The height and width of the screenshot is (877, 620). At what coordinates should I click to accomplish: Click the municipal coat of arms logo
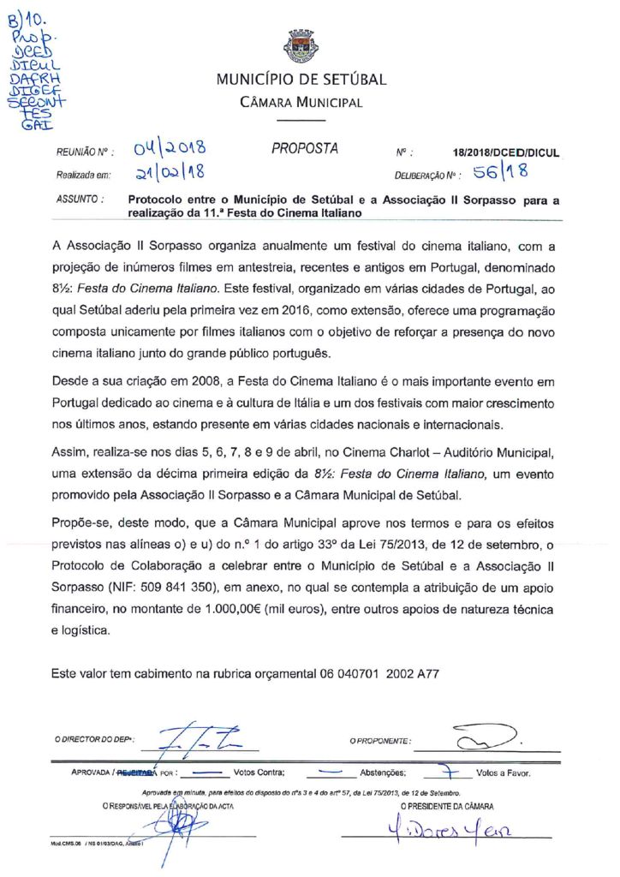(x=301, y=46)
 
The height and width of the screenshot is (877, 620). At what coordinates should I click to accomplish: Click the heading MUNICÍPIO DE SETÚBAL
(x=301, y=81)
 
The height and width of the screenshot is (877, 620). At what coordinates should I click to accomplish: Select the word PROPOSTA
(x=305, y=148)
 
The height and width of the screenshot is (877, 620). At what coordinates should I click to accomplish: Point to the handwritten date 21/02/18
(x=170, y=174)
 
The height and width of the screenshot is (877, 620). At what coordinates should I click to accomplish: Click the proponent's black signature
(x=485, y=737)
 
